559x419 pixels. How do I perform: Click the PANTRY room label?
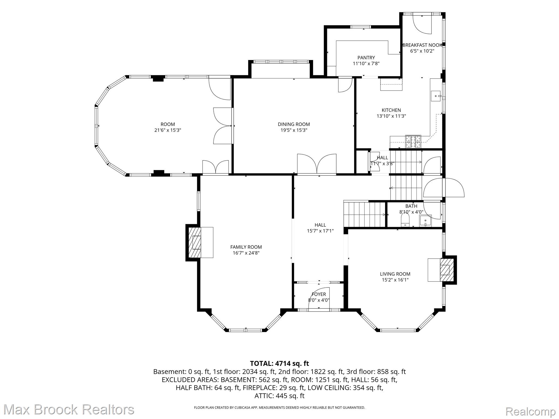coord(366,58)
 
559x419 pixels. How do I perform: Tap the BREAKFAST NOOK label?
coord(422,45)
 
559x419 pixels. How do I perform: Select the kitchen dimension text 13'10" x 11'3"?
coord(391,116)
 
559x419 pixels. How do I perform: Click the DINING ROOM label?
coord(294,124)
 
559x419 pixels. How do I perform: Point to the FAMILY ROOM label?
coord(246,247)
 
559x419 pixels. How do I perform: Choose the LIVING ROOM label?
coord(395,274)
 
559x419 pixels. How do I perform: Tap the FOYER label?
coord(319,294)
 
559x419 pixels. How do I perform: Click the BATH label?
coord(411,206)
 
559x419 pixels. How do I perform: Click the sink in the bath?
coord(425,221)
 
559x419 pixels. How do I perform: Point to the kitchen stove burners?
coord(413,142)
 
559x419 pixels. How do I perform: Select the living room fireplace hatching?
coord(447,270)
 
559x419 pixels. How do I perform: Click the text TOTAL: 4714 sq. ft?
coord(279,363)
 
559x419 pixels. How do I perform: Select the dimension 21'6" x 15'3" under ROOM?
coord(168,130)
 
